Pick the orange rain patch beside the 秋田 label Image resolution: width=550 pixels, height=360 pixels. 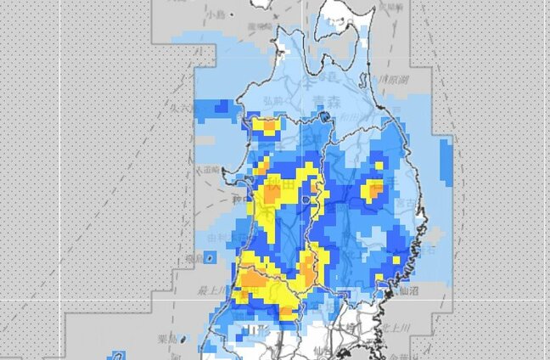pyautogui.click(x=270, y=194)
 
